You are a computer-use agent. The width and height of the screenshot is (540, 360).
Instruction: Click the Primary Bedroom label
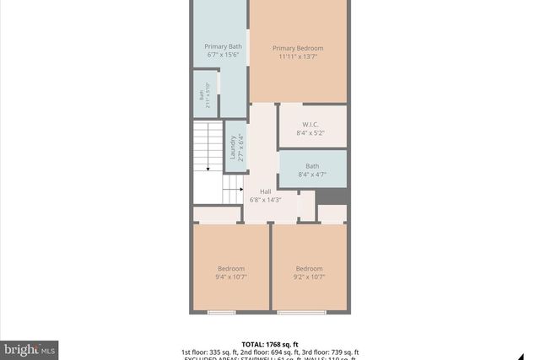coord(298,48)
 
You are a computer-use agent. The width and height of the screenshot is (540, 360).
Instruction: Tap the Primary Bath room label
coord(223,46)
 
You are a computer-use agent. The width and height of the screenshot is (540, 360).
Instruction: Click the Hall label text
coord(266,191)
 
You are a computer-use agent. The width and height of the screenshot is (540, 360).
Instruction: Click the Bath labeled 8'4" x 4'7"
coord(312,166)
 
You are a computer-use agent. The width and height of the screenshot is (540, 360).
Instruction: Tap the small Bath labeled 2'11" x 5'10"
coord(202,95)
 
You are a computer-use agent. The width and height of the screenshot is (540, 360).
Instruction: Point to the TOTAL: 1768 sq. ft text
coord(270,344)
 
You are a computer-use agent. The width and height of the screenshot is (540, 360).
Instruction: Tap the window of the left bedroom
coord(221,313)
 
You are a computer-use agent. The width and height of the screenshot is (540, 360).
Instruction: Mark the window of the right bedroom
coord(302,313)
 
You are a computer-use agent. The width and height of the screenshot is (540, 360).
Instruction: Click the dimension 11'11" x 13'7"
coord(298,57)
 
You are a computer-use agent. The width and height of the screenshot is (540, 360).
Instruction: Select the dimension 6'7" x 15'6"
coord(223,55)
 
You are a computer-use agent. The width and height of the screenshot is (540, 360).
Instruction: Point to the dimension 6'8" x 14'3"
coord(266,200)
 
